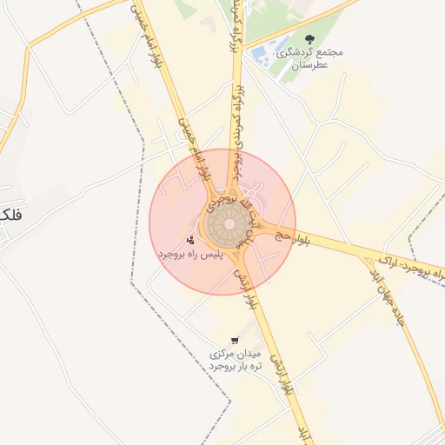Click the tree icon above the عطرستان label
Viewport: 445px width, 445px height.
pos(310,38)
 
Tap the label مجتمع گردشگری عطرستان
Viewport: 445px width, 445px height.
pos(309,58)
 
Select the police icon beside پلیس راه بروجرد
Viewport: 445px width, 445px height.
pos(190,239)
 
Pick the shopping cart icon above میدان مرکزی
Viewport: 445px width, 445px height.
pos(235,340)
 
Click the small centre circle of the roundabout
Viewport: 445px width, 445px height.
pos(229,224)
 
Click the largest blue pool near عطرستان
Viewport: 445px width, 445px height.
pos(260,56)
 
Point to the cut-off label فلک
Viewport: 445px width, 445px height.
pos(11,214)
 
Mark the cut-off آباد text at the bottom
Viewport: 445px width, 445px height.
pos(303,434)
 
